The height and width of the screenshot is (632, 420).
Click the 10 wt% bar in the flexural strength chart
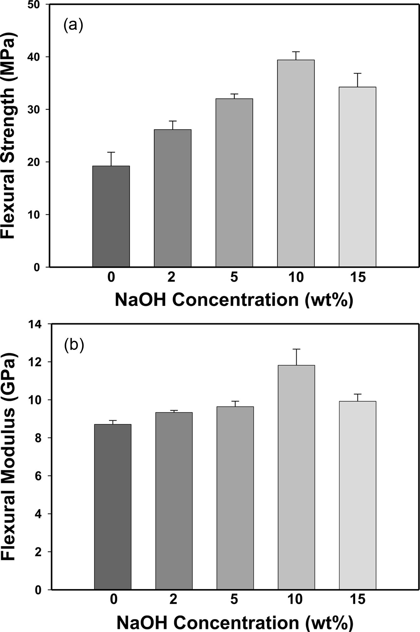click(296, 163)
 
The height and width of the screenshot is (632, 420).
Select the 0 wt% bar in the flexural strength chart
click(111, 216)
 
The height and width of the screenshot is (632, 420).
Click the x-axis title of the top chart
click(234, 300)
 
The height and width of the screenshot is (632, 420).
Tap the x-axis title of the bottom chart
click(234, 622)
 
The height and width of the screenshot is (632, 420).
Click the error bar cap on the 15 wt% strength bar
click(358, 73)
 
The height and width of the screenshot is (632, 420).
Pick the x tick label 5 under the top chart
click(234, 277)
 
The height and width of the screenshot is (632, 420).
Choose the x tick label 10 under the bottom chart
click(295, 599)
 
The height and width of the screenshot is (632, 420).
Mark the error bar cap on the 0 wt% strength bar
click(111, 152)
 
